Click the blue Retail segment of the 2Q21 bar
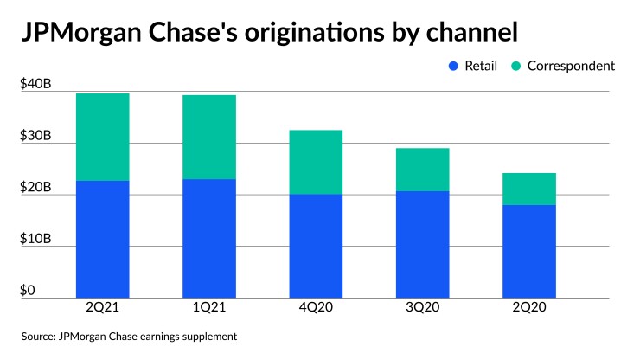click(102, 239)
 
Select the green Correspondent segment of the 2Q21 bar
click(102, 137)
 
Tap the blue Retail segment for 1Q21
click(209, 238)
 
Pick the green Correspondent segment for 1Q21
click(209, 137)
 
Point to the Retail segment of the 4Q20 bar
click(316, 246)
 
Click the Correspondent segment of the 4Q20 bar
click(316, 162)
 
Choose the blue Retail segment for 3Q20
click(422, 244)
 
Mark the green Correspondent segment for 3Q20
click(422, 170)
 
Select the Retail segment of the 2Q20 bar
click(529, 251)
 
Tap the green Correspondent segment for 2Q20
click(529, 189)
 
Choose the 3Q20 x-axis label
click(422, 306)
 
